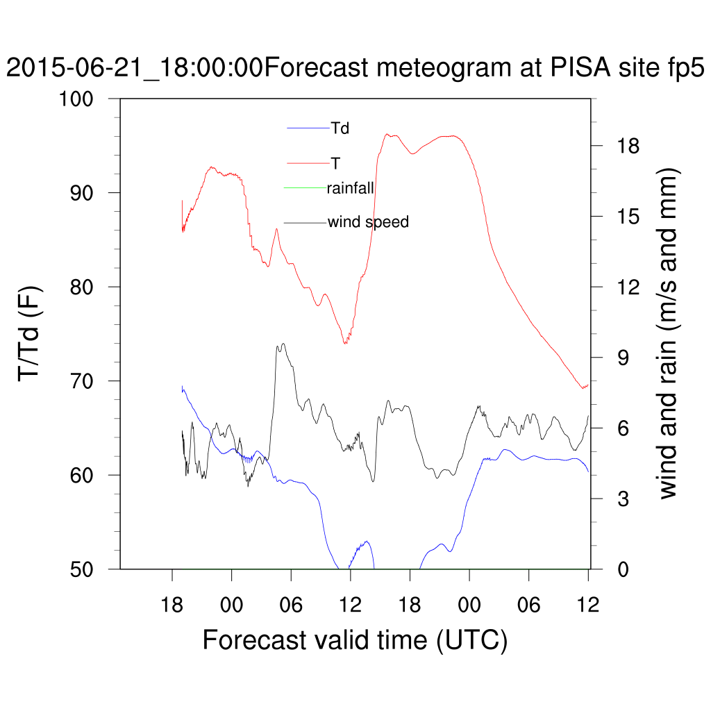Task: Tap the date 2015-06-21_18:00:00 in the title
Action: coord(134,69)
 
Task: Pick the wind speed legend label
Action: coord(368,222)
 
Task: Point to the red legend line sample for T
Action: coord(308,162)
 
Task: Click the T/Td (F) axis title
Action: coord(31,333)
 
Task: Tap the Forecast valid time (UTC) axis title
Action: coord(355,639)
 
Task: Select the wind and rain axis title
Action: coord(669,333)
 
